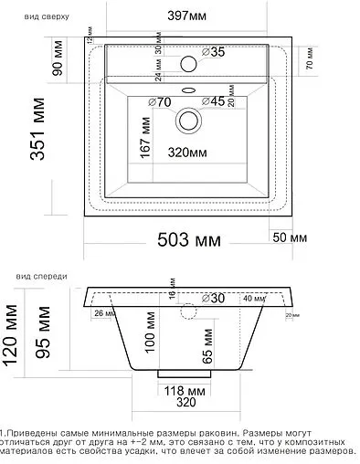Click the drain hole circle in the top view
(x=189, y=119)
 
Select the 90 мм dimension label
(x=58, y=68)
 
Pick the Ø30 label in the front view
(x=212, y=298)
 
